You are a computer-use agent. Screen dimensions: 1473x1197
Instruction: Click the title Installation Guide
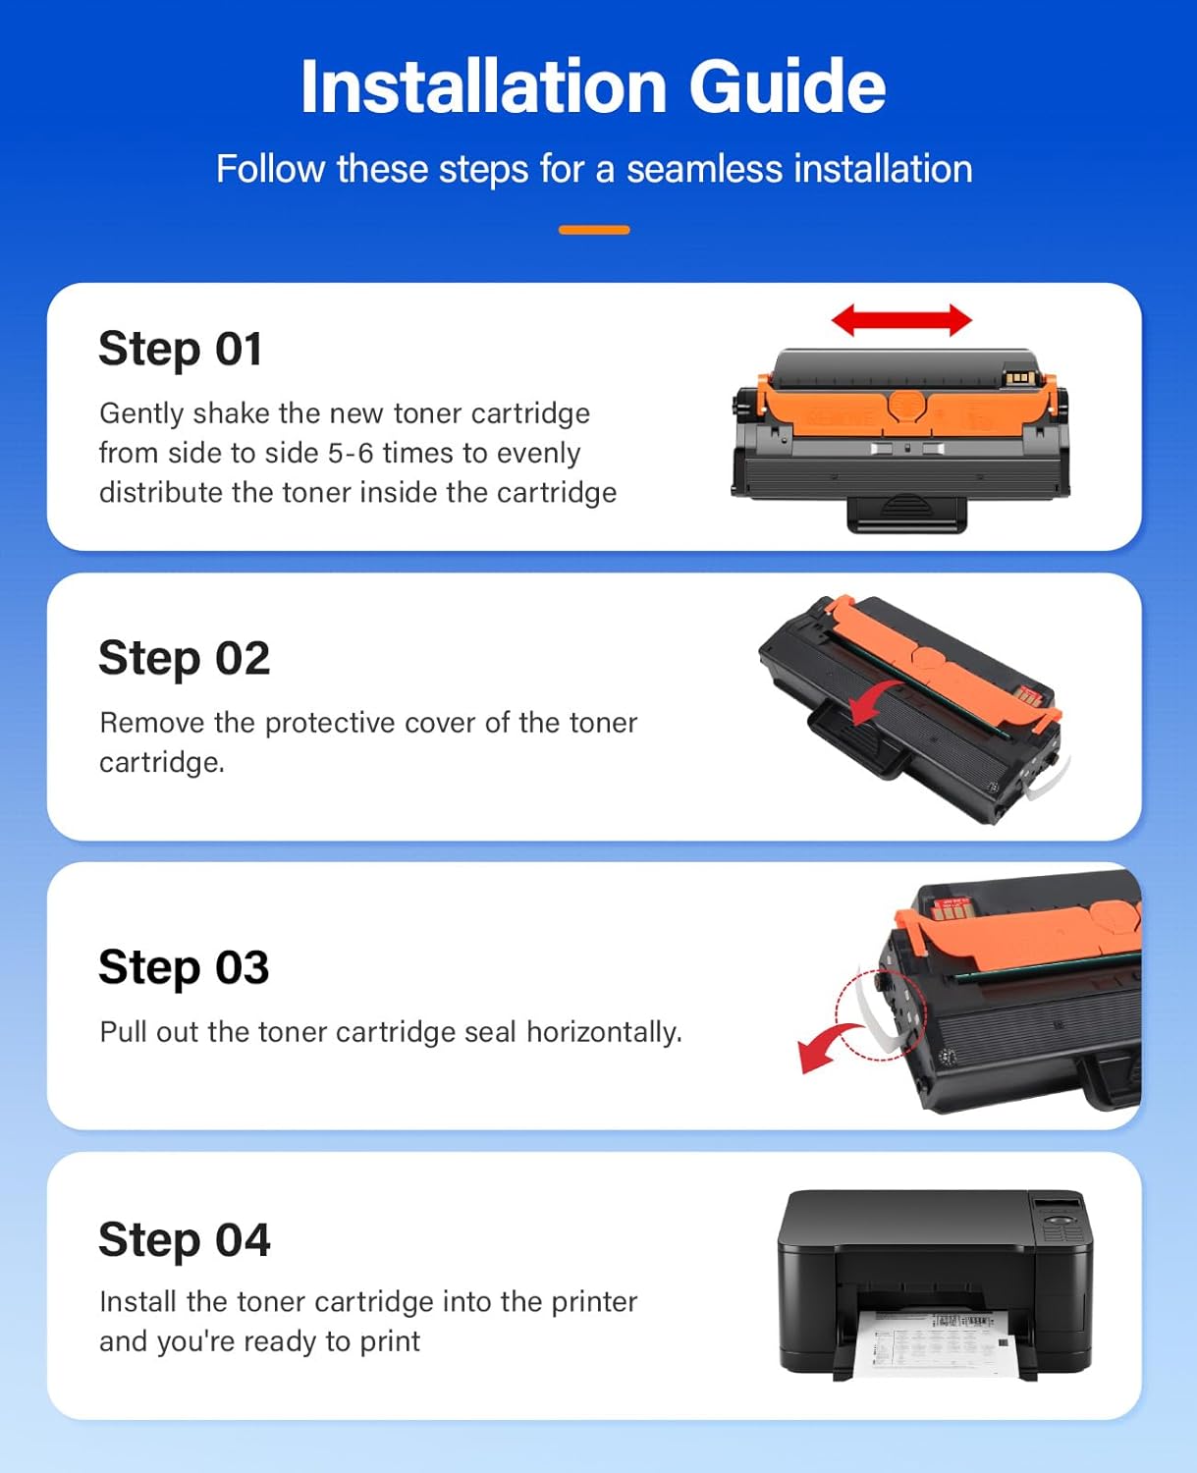click(593, 86)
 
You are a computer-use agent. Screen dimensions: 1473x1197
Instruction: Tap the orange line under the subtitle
click(594, 230)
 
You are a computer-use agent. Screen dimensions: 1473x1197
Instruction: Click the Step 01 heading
click(181, 349)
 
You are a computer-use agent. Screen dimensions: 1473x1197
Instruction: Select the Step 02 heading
click(185, 658)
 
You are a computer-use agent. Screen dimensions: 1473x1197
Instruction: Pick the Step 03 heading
click(184, 967)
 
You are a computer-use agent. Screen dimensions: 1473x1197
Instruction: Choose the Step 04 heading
click(185, 1239)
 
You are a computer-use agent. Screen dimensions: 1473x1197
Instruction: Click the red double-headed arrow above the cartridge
click(901, 320)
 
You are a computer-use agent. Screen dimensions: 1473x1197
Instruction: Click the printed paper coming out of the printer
click(933, 1340)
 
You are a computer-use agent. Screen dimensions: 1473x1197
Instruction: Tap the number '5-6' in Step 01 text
click(351, 453)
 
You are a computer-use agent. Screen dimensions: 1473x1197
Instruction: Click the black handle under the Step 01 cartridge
click(906, 512)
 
